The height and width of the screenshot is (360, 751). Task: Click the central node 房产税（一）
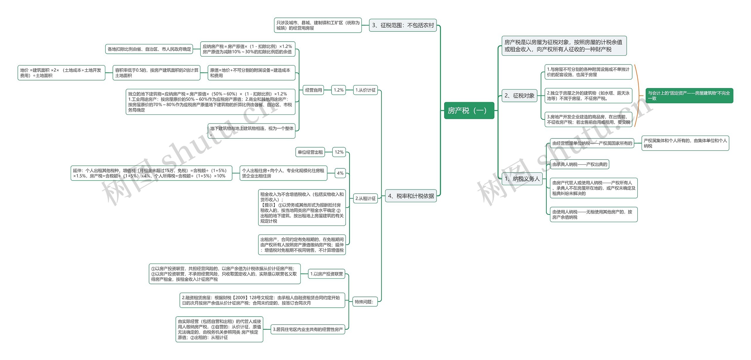(469, 111)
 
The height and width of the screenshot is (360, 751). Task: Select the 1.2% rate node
(339, 90)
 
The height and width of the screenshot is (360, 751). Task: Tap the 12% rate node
(339, 152)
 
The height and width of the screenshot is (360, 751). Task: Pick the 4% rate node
(340, 173)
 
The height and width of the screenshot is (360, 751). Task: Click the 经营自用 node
(313, 90)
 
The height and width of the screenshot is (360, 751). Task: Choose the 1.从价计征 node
(365, 90)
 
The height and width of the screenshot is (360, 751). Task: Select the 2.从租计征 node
(365, 198)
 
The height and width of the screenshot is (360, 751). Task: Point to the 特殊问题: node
(364, 302)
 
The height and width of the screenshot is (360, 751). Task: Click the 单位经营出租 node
(310, 152)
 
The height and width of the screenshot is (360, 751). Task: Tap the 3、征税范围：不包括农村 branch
(403, 25)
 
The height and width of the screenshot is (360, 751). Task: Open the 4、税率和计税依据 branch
(411, 196)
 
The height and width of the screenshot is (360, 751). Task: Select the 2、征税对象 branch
(519, 96)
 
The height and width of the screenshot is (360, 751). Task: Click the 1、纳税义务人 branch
(522, 179)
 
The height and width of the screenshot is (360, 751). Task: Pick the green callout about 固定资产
(689, 96)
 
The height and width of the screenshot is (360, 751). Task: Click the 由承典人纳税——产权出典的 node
(579, 164)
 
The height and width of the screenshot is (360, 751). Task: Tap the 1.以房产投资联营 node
(327, 274)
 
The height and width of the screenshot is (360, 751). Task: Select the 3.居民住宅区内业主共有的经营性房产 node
(308, 329)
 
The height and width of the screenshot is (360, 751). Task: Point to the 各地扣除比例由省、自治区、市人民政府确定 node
(149, 49)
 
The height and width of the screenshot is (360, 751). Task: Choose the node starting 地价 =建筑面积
(61, 73)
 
